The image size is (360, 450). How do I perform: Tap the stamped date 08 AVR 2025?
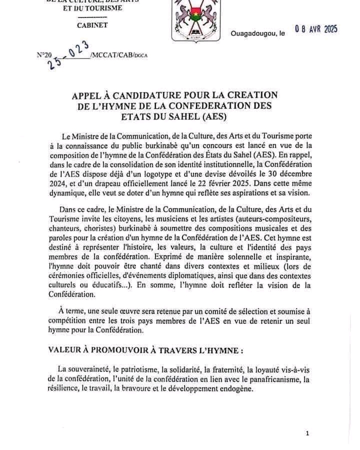point(316,29)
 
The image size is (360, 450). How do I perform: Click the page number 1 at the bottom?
point(307,433)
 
